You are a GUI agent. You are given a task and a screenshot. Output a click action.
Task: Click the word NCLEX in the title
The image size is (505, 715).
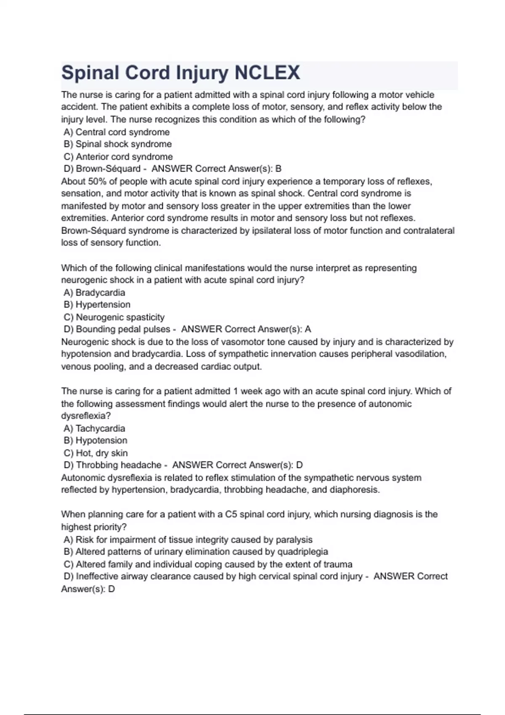pos(267,73)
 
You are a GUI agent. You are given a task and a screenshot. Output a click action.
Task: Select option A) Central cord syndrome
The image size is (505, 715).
pos(117,132)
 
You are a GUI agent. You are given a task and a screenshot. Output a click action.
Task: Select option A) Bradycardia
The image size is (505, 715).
pos(94,293)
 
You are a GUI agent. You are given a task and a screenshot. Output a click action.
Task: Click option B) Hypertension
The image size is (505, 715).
pos(97,305)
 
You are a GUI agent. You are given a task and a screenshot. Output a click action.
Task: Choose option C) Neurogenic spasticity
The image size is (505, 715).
pos(114,317)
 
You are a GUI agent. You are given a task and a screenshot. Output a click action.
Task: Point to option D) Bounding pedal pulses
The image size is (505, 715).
pos(117,329)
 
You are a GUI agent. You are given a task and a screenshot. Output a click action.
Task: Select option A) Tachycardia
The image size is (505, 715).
pos(94,429)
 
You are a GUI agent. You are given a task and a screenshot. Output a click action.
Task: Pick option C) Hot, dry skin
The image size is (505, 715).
pos(96,453)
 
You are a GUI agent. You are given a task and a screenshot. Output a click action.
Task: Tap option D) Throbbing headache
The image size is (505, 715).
pos(112,465)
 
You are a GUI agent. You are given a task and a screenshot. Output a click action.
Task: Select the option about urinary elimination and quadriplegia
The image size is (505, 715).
pos(196,552)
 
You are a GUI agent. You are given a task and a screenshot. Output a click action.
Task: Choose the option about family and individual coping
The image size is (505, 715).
pos(208,564)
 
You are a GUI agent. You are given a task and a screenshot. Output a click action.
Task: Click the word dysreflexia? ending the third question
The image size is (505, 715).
pos(86,416)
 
